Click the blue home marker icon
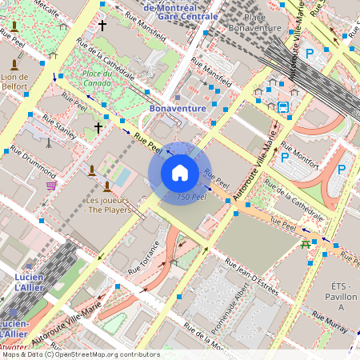[180, 173]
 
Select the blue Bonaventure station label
[178, 107]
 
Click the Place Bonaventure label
[253, 22]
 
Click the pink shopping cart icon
[52, 185]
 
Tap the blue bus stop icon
[283, 106]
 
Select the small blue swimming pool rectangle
[122, 176]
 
